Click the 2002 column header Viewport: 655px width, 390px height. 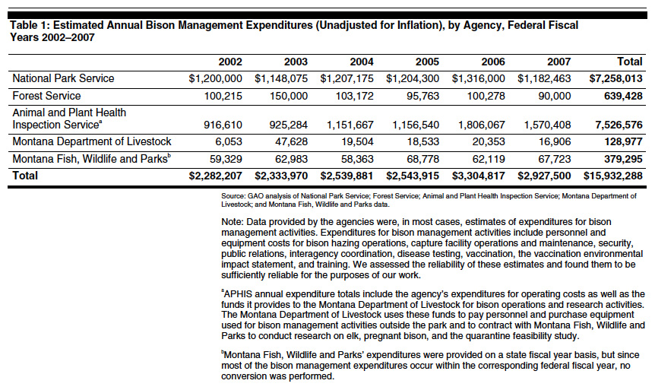point(230,62)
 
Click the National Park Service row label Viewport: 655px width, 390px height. point(63,78)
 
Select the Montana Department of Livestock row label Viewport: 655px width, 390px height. point(91,141)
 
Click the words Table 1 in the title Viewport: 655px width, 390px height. point(29,25)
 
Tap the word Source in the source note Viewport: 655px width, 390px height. point(225,196)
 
